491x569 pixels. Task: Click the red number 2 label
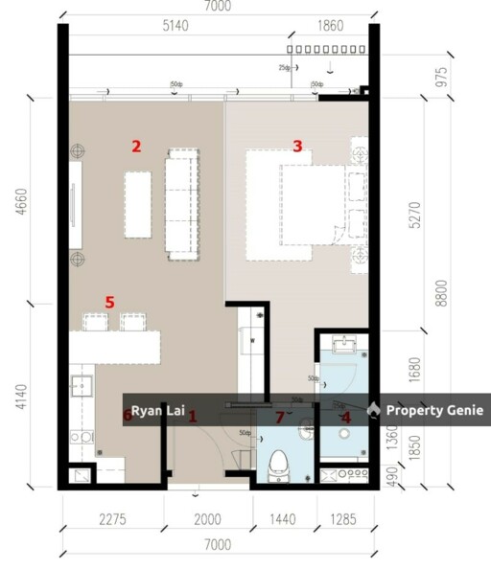click(x=136, y=147)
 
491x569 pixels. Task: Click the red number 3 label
click(x=297, y=147)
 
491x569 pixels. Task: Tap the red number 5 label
click(x=109, y=303)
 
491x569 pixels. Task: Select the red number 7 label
click(x=280, y=417)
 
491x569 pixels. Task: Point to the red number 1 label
click(x=192, y=417)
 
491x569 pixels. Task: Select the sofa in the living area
click(x=181, y=204)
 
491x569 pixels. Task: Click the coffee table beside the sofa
click(x=137, y=204)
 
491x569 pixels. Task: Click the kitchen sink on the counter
click(x=81, y=388)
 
